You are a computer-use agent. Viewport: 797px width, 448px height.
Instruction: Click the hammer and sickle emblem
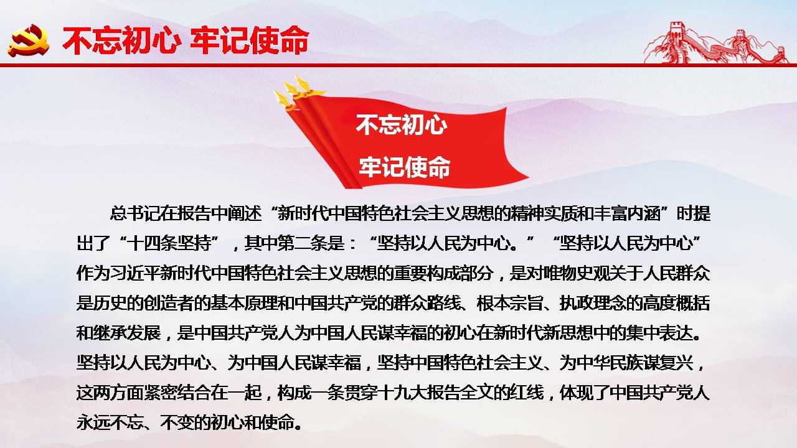tap(29, 40)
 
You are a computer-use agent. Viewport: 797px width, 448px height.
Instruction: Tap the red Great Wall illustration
tap(715, 43)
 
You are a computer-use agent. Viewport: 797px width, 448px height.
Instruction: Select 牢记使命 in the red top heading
tap(250, 40)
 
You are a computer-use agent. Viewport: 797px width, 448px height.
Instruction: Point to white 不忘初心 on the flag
tap(402, 125)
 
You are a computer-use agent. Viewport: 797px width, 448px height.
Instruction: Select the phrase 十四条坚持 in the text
tap(169, 243)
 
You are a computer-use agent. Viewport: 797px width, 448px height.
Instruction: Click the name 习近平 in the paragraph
tap(135, 273)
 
